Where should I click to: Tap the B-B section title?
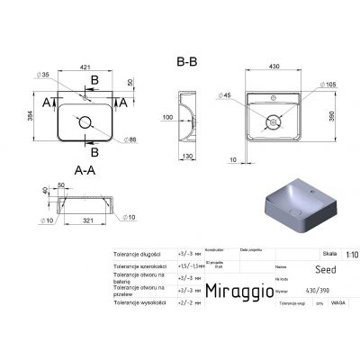pos(185,61)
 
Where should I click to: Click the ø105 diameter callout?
pos(329,85)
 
